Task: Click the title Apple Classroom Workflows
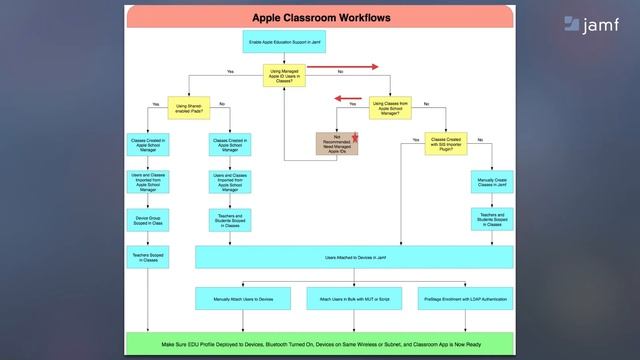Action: [x=320, y=17]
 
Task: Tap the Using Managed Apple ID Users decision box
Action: [x=285, y=76]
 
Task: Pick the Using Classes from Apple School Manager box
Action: [x=390, y=107]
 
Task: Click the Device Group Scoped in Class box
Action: [x=149, y=220]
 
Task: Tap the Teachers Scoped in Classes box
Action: [x=149, y=259]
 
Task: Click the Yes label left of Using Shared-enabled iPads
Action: [x=156, y=104]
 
